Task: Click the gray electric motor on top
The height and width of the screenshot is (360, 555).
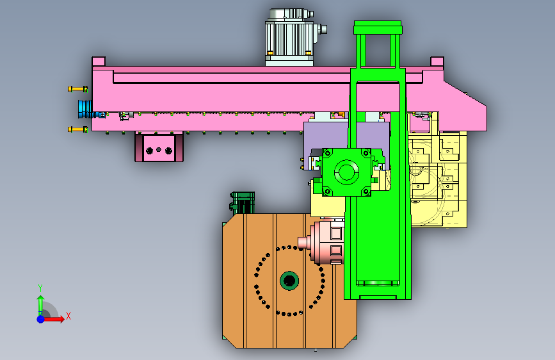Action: coord(290,38)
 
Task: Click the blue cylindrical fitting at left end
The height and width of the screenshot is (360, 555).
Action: coord(85,109)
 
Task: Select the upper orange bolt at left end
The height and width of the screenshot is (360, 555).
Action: coord(78,89)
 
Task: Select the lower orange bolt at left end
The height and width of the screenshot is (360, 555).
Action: coord(78,129)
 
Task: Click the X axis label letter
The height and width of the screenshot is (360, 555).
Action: coord(68,316)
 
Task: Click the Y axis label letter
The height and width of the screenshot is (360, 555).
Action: coord(40,288)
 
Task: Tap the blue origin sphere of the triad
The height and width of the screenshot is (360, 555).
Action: coord(41,319)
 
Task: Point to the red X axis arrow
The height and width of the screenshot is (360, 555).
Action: coord(53,319)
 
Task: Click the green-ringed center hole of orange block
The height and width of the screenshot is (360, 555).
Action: coord(289,281)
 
